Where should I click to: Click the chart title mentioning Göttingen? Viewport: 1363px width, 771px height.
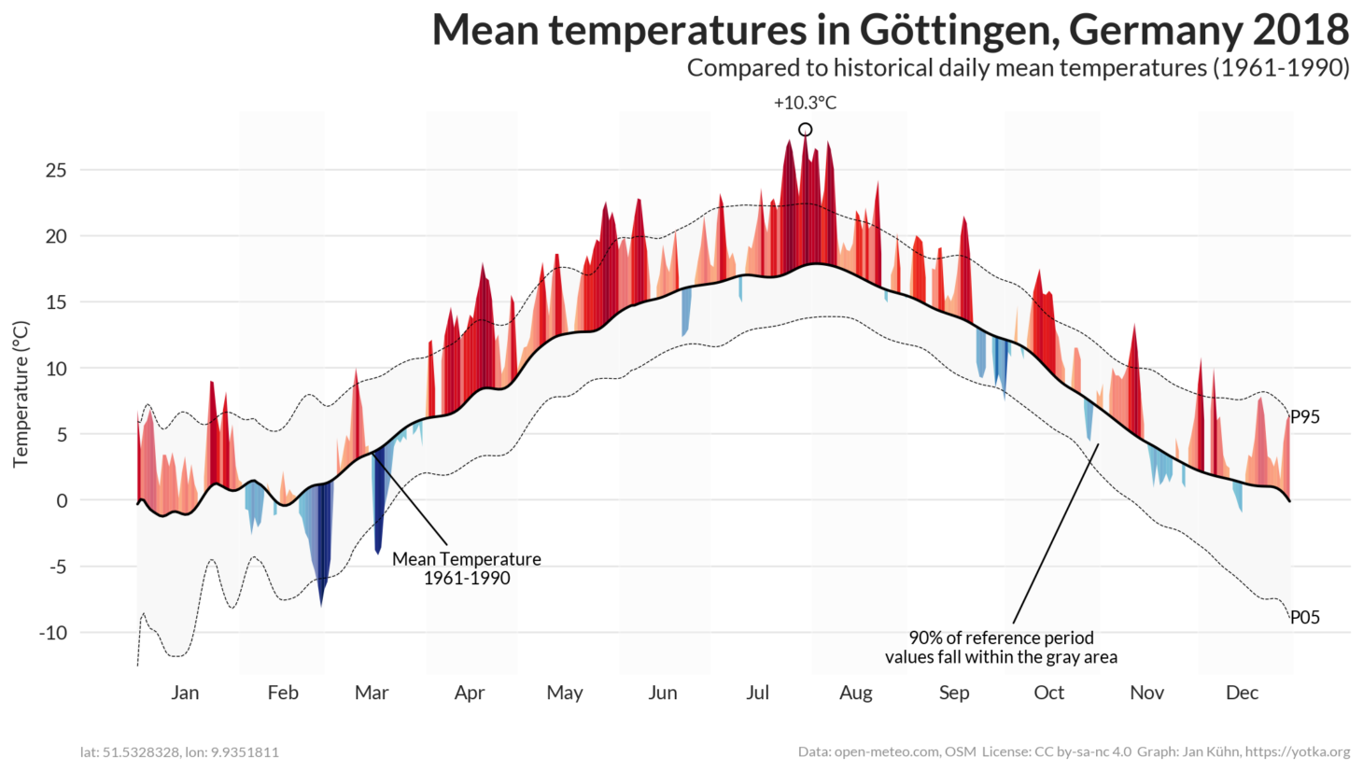[890, 30]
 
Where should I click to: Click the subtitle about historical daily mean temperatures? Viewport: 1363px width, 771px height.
[1018, 68]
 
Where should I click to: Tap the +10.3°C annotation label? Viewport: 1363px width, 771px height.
[805, 103]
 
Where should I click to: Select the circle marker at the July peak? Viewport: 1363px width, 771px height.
[805, 130]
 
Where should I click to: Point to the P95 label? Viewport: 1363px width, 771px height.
[1304, 417]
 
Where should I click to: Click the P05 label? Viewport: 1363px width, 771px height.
[1304, 617]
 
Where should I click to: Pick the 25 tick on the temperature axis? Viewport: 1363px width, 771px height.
[56, 170]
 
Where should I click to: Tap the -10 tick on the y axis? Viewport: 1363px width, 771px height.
[53, 632]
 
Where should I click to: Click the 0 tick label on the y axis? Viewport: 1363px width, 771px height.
[62, 500]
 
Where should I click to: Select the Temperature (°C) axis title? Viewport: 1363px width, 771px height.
[21, 393]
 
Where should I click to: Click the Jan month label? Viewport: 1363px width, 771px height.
[185, 693]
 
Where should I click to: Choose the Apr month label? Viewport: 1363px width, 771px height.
[469, 693]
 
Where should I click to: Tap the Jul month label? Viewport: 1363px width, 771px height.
[757, 693]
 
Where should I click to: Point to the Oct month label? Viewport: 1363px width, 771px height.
[1048, 693]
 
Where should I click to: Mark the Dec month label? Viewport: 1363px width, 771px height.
[1242, 693]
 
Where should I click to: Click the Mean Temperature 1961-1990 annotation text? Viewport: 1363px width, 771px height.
[466, 568]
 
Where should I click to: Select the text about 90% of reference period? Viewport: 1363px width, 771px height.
[1001, 647]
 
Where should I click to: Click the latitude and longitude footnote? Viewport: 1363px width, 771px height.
[179, 752]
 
